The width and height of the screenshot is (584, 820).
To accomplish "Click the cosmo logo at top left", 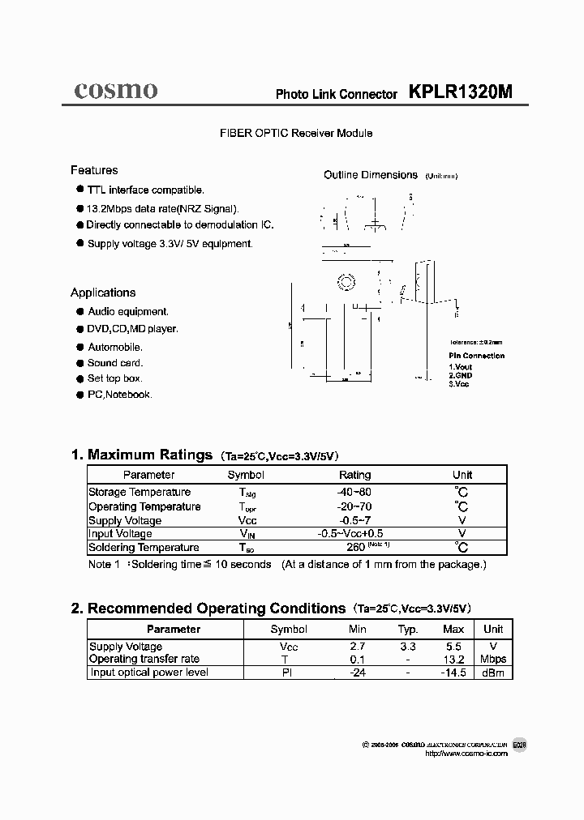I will tap(115, 90).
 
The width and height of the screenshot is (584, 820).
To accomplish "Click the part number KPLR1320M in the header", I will tap(461, 92).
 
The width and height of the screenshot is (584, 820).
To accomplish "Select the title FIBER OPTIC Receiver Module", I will tap(295, 133).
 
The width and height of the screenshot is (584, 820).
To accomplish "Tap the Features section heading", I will tap(94, 170).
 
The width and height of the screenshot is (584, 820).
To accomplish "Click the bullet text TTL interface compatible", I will tap(145, 190).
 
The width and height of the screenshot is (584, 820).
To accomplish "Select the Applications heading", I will tap(103, 293).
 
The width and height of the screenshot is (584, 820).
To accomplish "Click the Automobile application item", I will tap(115, 347).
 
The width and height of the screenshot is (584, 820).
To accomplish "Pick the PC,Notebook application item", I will tap(119, 395).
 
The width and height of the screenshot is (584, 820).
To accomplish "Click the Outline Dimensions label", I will tap(371, 175).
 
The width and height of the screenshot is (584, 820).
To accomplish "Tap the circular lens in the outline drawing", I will tap(346, 282).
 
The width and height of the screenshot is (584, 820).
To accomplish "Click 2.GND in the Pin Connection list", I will tap(460, 375).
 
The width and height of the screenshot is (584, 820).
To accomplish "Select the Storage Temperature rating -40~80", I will tap(354, 492).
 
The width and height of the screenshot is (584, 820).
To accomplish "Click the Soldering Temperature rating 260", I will tap(354, 548).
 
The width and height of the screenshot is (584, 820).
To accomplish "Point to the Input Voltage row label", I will tap(120, 534).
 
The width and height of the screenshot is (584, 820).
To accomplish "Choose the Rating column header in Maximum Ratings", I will tap(354, 475).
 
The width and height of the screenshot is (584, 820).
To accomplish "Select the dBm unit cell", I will tap(492, 673).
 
